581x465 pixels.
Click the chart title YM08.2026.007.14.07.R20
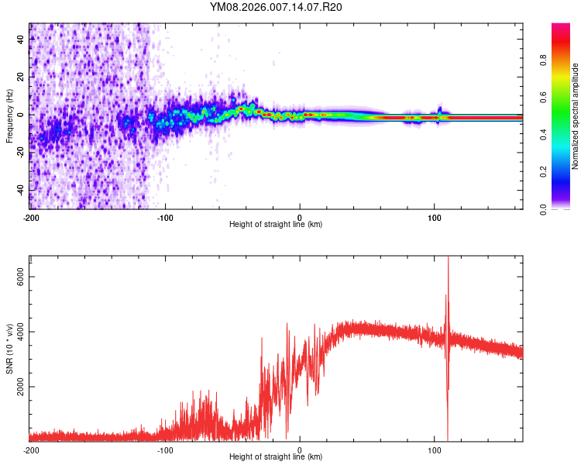pos(276,7)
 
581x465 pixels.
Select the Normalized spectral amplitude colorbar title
pos(575,117)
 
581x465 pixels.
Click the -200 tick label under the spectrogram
pos(31,216)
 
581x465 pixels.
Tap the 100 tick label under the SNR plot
pos(435,449)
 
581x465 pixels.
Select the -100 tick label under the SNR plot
pos(165,449)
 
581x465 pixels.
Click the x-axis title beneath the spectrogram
pos(276,225)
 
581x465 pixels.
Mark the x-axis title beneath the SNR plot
pos(276,458)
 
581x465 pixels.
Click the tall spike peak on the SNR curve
pos(448,259)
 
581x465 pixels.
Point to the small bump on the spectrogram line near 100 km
pos(439,109)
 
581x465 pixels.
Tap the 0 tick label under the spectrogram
pos(300,216)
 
